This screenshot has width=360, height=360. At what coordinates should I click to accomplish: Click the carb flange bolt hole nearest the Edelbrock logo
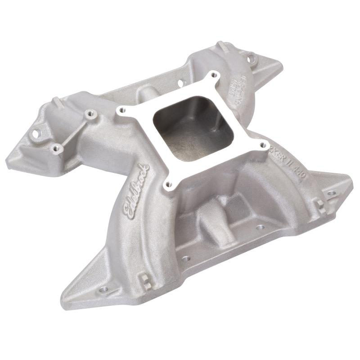tap(169, 184)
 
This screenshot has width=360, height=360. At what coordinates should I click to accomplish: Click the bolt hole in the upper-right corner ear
tap(251, 57)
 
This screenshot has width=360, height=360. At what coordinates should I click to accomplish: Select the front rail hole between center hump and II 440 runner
tap(259, 227)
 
